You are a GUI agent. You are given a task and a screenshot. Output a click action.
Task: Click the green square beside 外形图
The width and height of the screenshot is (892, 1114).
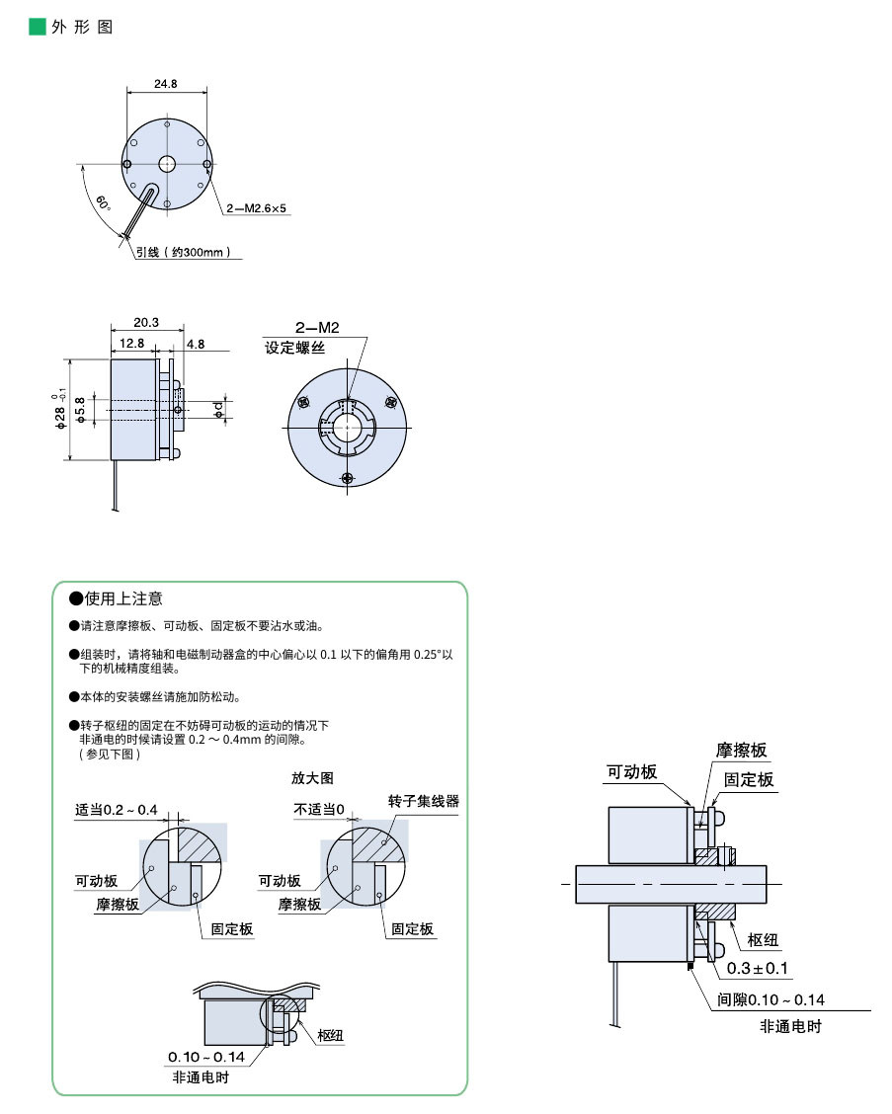click(38, 27)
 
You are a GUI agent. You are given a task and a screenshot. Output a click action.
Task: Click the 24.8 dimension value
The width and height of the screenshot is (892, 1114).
click(166, 84)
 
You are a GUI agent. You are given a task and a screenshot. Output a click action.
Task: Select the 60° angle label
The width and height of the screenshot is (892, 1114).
click(104, 204)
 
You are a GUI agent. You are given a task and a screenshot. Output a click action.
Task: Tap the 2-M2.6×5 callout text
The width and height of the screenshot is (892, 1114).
click(256, 209)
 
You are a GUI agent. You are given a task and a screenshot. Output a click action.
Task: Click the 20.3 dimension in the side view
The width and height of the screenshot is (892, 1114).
click(146, 322)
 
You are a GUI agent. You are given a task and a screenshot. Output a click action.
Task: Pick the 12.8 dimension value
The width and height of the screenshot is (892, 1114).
click(132, 344)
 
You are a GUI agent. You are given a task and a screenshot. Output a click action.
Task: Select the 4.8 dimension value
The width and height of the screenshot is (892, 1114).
click(196, 344)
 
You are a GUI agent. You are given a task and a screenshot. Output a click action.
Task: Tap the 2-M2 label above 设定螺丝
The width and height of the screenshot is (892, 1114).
click(317, 328)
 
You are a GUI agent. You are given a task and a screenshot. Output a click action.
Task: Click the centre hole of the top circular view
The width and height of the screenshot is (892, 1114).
click(167, 164)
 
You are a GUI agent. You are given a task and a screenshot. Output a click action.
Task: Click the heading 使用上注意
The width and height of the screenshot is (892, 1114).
click(123, 598)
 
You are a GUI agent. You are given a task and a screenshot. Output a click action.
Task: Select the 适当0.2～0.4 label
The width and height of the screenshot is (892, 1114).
click(117, 810)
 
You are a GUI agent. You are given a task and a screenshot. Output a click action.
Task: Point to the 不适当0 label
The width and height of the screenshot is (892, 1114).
click(319, 810)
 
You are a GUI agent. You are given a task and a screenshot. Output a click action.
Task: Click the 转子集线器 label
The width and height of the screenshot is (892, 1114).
click(424, 801)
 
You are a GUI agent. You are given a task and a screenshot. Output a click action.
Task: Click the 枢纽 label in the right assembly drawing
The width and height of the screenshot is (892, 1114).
click(764, 938)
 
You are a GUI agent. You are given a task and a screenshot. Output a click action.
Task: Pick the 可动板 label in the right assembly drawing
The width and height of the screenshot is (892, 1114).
click(631, 772)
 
